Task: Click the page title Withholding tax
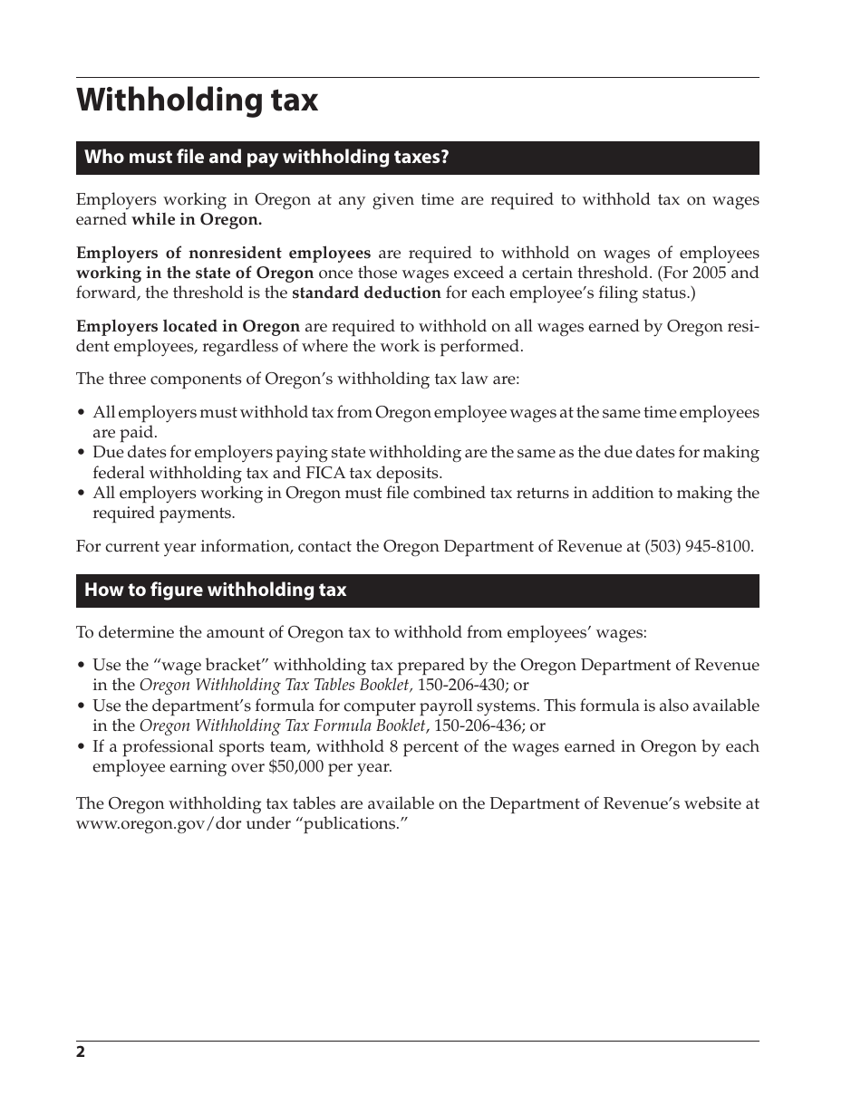click(x=197, y=101)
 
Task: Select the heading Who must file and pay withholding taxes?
click(x=266, y=158)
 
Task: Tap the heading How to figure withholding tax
click(x=215, y=591)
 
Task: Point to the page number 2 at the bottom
click(x=81, y=1052)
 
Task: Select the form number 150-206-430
click(x=461, y=686)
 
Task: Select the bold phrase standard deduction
click(x=366, y=293)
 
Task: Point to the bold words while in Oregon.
click(x=197, y=220)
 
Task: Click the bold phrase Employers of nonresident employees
click(x=223, y=254)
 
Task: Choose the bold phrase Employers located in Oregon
click(x=188, y=327)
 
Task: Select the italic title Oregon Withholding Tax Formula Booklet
click(x=282, y=726)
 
